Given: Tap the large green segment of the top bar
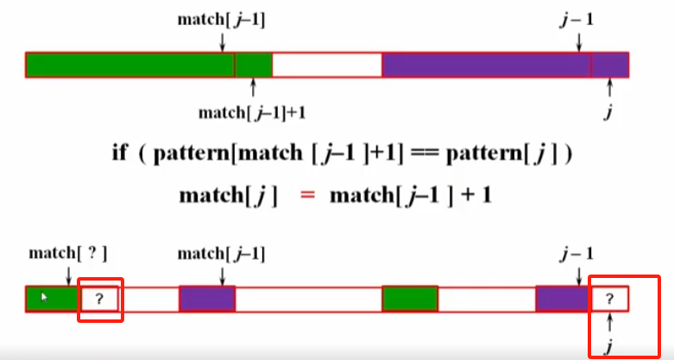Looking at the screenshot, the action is pos(129,65).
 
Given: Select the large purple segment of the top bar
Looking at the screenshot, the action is pos(486,65).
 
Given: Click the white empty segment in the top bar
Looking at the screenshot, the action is pos(327,65).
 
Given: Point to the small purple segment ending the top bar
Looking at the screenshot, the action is pos(610,65).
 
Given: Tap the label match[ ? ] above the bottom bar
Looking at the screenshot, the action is pos(68,253).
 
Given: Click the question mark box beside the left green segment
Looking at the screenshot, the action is pos(99,299).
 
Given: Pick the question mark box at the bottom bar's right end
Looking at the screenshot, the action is pos(609,299).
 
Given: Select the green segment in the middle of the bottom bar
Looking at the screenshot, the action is pos(410,299).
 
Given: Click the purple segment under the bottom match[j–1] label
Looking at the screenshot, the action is pos(207,299).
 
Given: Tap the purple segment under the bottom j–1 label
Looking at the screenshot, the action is pos(562,299).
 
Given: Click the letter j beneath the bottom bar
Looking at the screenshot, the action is pos(610,345).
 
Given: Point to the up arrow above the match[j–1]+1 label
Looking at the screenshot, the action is pos(253,87).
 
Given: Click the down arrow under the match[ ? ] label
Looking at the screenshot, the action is pos(68,275).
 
